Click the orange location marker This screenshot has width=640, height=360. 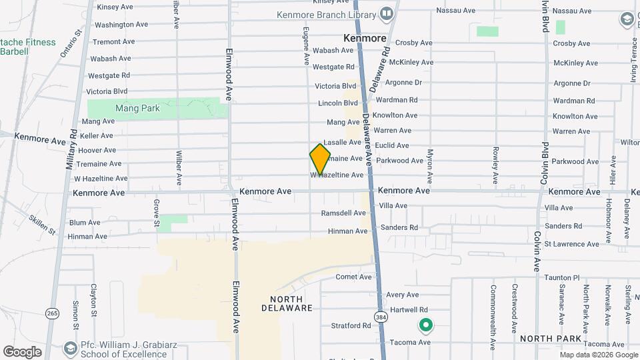click(320, 159)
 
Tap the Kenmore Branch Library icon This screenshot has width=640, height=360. click(386, 13)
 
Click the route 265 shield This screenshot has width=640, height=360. click(53, 313)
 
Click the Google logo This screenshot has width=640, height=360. click(22, 352)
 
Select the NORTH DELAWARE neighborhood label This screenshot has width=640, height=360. click(291, 303)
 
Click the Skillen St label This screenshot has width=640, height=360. click(42, 223)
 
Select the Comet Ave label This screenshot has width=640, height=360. click(353, 277)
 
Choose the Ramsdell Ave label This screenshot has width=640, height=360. click(344, 213)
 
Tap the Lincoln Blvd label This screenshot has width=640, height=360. click(338, 103)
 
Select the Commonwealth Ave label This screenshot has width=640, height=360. click(493, 309)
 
